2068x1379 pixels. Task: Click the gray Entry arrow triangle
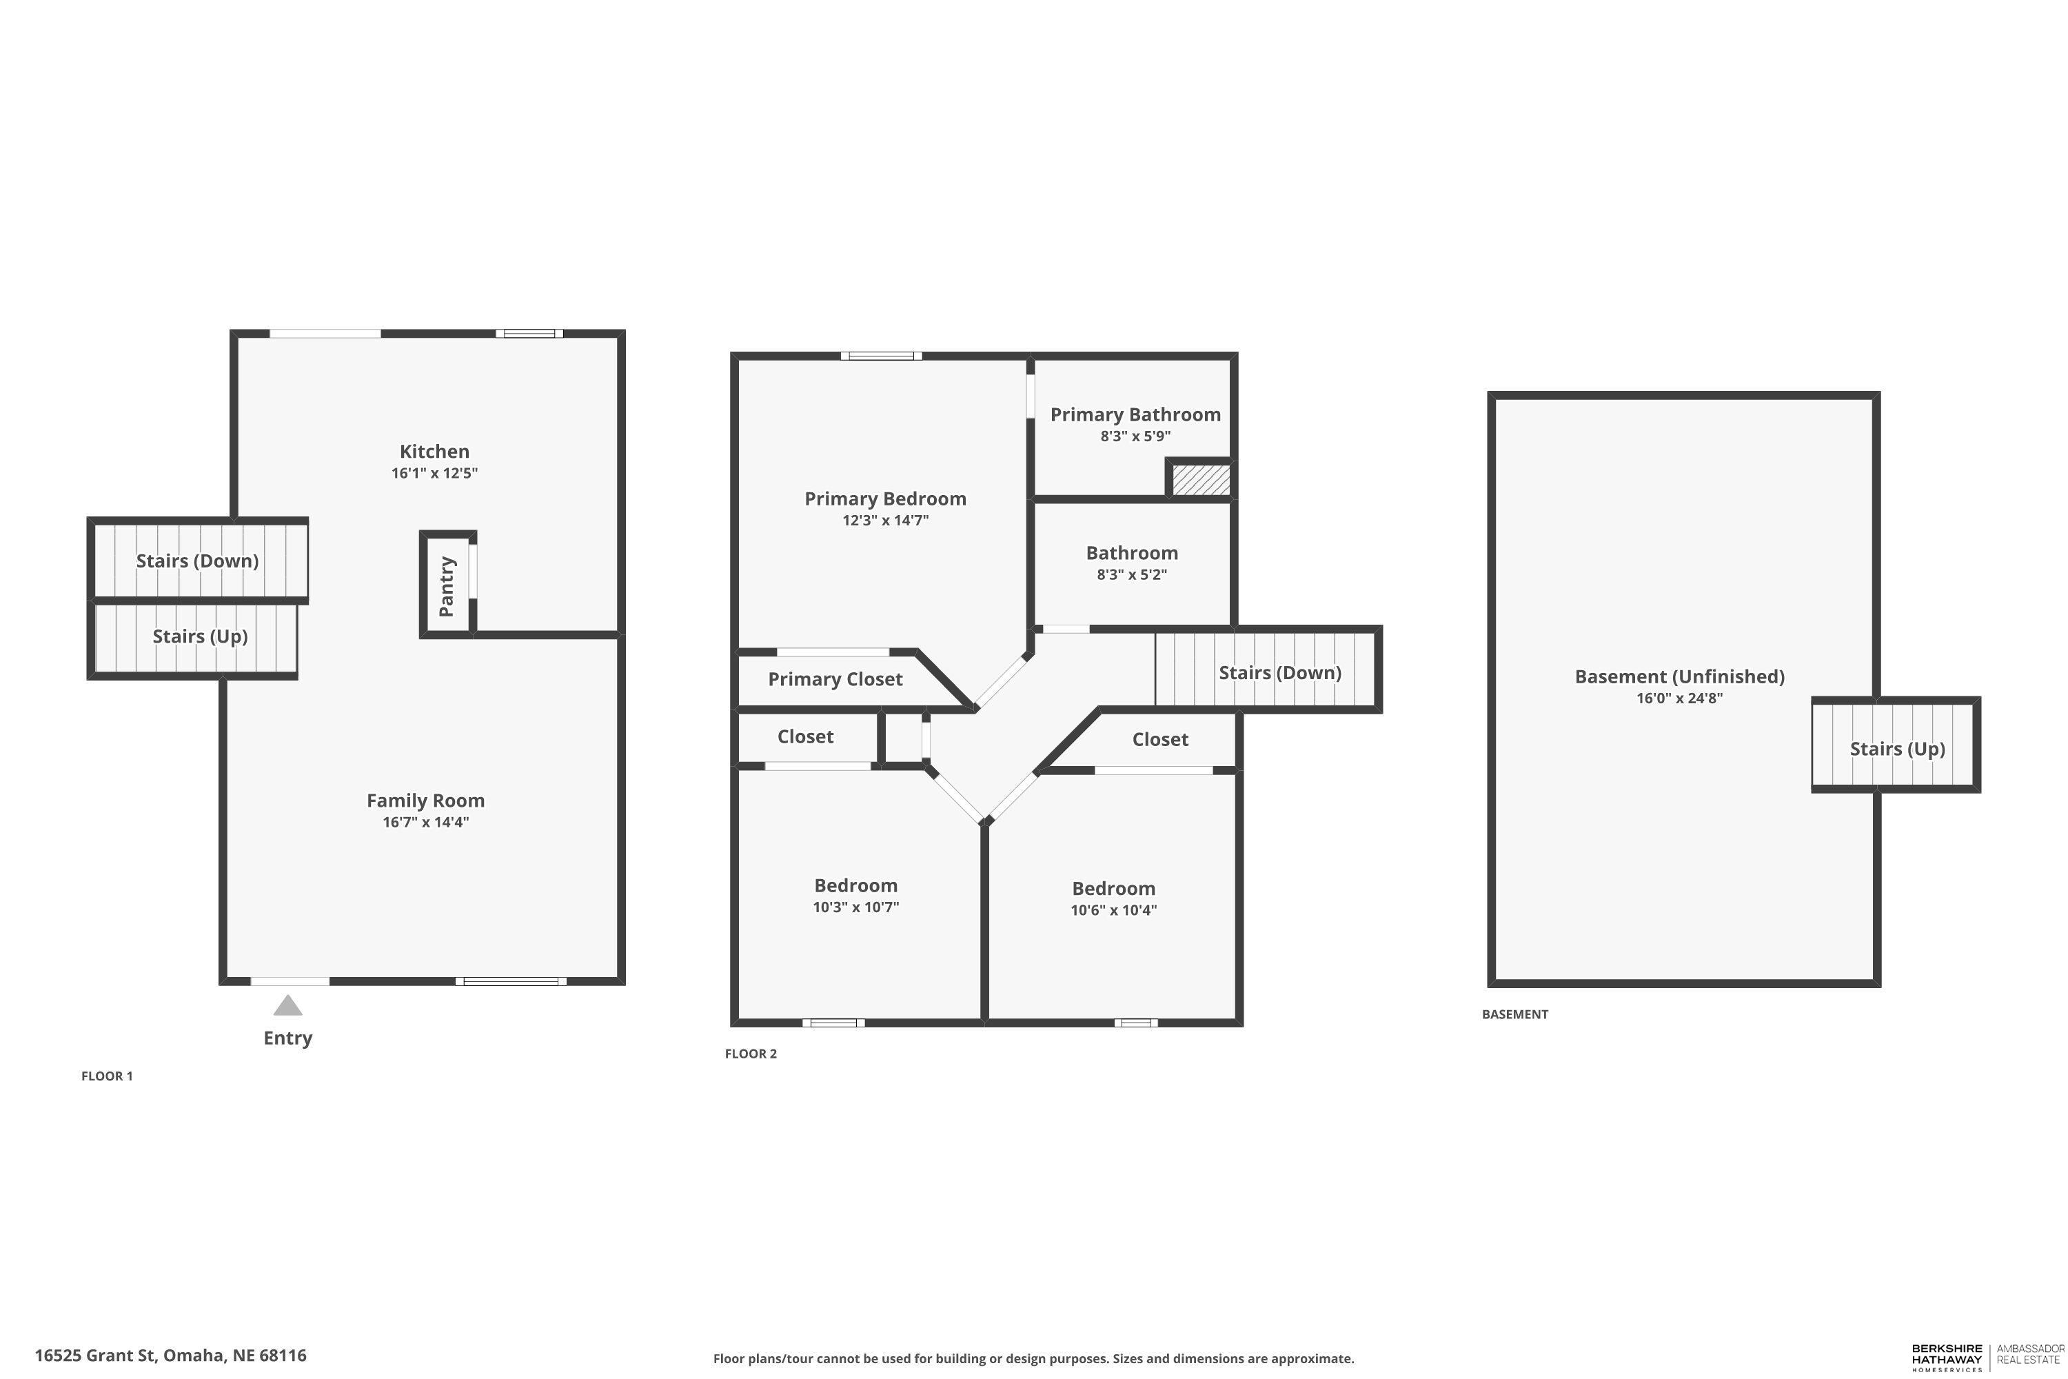287,1005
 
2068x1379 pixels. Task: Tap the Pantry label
447,585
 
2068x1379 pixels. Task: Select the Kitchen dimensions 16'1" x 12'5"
434,473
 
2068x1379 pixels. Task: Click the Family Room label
425,801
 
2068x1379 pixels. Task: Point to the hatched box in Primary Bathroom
1200,480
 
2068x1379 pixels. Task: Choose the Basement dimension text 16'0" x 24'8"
1679,698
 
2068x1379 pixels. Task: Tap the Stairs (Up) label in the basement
1896,748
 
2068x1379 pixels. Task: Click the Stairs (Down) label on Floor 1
197,561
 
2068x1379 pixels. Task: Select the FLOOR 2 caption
750,1054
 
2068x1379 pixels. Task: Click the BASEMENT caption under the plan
1514,1014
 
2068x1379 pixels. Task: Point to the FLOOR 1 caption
106,1076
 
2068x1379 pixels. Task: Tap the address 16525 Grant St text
170,1356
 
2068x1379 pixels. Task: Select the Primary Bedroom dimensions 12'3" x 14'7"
884,520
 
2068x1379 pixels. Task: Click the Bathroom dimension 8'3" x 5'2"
1132,574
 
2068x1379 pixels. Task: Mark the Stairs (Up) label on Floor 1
200,636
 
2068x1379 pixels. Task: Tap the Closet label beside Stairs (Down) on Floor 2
1159,740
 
